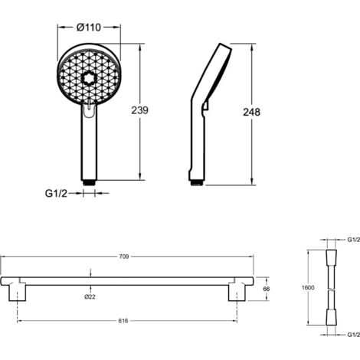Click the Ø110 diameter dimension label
[89, 27]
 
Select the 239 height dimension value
[139, 110]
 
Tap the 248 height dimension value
[251, 112]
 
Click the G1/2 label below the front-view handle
[56, 194]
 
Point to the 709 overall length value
[124, 257]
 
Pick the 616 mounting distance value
[123, 321]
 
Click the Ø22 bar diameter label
[90, 296]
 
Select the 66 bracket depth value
[267, 289]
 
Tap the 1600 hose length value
[308, 288]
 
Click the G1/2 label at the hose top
[354, 240]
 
